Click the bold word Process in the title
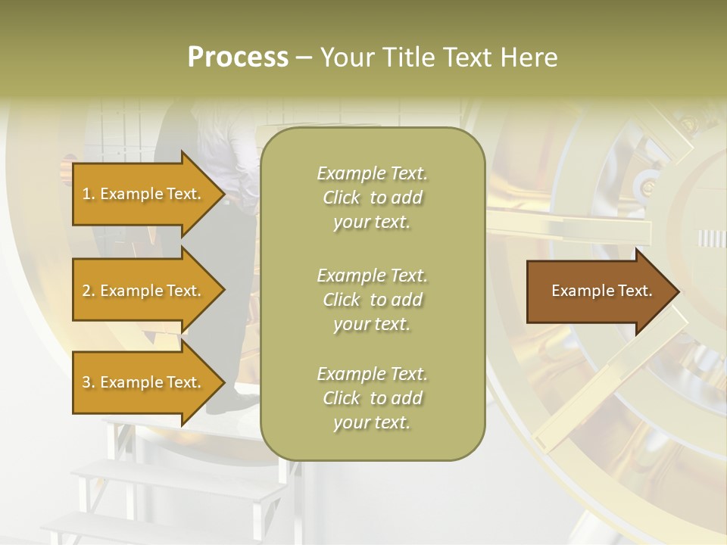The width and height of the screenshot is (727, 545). (x=238, y=58)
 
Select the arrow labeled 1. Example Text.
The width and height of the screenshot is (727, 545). (x=144, y=194)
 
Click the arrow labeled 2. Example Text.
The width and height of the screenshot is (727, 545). (x=144, y=291)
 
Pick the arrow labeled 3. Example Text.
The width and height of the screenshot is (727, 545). (x=144, y=382)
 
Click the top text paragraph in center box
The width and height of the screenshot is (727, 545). (x=372, y=198)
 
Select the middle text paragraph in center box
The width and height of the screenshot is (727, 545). (x=372, y=300)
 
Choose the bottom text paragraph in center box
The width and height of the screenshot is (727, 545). (x=372, y=398)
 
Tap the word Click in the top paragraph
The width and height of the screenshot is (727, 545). (x=342, y=198)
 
